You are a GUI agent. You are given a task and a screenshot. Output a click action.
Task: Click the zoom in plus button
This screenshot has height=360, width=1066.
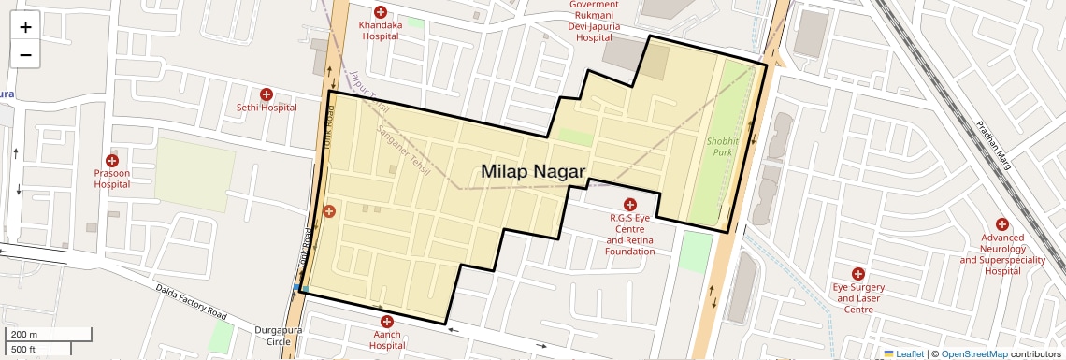[25, 27]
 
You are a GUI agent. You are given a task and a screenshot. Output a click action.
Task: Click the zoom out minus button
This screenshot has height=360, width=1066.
[25, 55]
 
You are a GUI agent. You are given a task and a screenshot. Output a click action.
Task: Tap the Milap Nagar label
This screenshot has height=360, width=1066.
[533, 171]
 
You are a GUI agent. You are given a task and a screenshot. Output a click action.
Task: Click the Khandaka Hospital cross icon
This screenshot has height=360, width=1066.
[381, 11]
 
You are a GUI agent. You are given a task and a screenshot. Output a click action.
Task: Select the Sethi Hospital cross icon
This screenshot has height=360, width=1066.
[266, 94]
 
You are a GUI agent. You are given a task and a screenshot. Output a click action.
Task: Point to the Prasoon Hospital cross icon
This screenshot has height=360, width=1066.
[112, 161]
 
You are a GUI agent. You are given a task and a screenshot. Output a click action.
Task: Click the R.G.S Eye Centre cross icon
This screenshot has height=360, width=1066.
[629, 205]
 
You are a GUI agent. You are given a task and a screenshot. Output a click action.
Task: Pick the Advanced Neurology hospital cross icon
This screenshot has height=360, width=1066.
[1001, 224]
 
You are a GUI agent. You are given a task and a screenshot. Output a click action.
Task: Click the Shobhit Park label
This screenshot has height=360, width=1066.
[721, 145]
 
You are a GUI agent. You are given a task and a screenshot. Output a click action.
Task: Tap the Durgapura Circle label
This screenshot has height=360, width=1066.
[272, 336]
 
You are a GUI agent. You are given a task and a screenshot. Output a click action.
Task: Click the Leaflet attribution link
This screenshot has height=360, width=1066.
[904, 353]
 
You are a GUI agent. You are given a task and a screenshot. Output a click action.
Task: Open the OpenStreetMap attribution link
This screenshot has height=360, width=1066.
[974, 353]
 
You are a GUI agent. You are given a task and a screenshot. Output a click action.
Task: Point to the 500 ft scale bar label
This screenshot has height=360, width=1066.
[23, 350]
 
